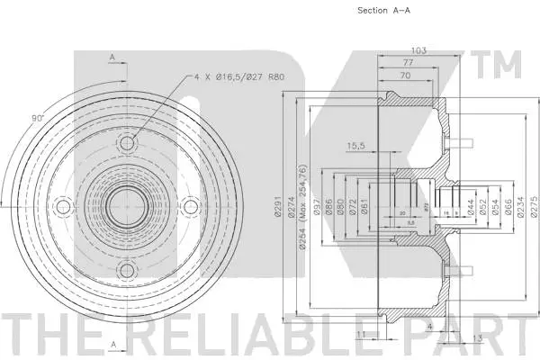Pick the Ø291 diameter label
pos(280,209)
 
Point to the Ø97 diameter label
pos(318,209)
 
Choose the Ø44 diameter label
pos(471,209)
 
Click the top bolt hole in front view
pos(127,144)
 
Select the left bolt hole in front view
pos(63,208)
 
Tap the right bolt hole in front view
pos(191,208)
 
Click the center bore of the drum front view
pos(127,208)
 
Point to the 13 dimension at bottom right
pos(476,337)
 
